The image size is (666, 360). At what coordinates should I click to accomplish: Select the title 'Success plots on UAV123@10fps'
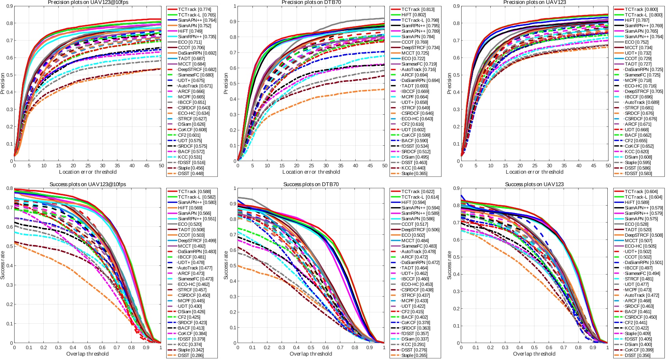(88, 184)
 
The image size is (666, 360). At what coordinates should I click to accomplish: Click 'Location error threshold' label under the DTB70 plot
(311, 172)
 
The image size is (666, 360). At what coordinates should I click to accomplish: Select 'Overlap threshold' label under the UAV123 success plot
(534, 354)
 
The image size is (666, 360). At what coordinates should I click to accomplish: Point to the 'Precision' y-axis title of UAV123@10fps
(3, 84)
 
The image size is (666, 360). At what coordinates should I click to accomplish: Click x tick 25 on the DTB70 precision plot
(311, 166)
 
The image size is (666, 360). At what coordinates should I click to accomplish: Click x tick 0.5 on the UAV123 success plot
(534, 348)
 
